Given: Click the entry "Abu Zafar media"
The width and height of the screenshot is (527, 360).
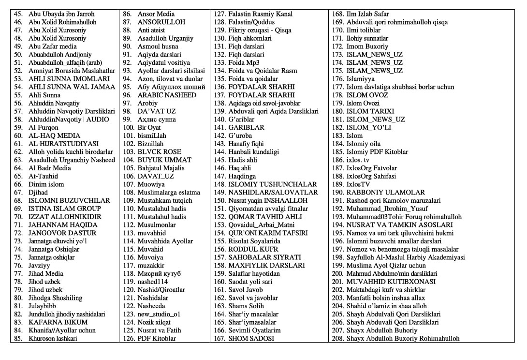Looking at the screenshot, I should click(x=52, y=46).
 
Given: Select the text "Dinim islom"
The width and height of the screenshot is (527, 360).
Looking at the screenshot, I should click(x=46, y=184).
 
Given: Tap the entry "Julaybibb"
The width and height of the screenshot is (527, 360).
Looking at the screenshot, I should click(x=43, y=306).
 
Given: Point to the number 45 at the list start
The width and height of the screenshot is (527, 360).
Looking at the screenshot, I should click(x=18, y=14).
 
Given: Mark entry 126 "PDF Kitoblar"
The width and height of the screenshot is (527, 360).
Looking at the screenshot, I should click(x=157, y=338).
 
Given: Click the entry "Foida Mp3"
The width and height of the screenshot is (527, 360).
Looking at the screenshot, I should click(x=244, y=62).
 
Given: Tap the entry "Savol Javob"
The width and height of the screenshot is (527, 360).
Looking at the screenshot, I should click(x=246, y=289).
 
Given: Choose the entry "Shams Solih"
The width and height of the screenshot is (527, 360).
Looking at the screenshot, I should click(x=246, y=306).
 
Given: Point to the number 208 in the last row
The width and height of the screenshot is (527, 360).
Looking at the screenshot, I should click(x=337, y=338).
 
